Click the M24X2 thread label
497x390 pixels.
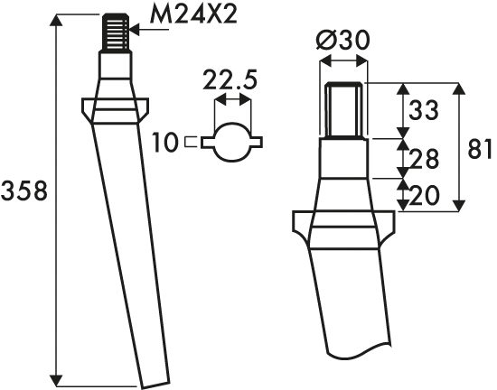[193, 14]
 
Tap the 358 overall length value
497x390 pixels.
[24, 190]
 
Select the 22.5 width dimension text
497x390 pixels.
[230, 79]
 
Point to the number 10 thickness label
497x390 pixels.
[164, 142]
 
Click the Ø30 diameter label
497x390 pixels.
[342, 41]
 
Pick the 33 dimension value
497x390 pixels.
[424, 110]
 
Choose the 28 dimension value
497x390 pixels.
[424, 158]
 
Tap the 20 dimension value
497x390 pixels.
[425, 195]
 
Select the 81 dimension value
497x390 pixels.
[480, 148]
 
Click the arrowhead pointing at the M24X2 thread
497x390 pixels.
[135, 30]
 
